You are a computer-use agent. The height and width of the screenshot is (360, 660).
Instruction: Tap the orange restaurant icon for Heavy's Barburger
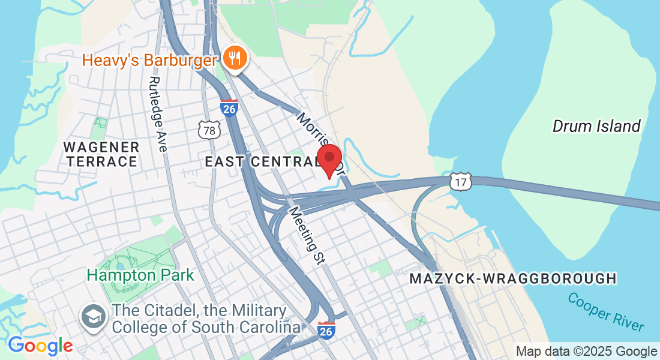point(232,58)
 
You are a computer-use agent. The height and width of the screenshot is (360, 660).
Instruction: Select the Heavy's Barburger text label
point(149,60)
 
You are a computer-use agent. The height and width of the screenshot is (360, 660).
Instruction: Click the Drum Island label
point(596,126)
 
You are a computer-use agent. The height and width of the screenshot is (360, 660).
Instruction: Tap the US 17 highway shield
point(461,182)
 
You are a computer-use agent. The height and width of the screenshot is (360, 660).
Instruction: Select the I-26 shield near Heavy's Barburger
point(229,108)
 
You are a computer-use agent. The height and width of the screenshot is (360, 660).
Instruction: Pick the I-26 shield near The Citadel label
point(326,329)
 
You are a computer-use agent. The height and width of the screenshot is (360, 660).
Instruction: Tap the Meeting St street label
point(306,236)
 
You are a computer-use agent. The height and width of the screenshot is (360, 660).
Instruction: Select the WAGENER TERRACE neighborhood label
point(101,154)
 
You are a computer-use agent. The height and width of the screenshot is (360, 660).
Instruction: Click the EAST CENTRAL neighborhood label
point(262,161)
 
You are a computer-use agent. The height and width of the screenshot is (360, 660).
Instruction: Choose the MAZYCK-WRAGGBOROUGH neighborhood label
point(513,278)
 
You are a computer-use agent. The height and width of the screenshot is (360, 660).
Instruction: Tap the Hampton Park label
point(140,275)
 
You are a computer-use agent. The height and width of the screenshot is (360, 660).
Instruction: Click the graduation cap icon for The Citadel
point(94,318)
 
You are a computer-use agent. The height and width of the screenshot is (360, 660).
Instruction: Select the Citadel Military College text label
point(206,319)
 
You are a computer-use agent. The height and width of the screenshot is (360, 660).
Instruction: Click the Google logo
point(40,346)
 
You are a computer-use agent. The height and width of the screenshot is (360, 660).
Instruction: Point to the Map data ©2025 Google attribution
point(586,352)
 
